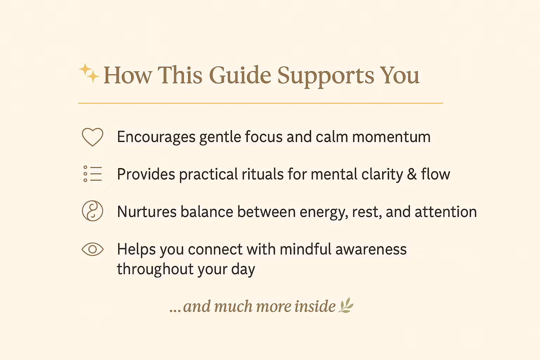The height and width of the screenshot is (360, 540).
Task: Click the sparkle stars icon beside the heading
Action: coord(89,73)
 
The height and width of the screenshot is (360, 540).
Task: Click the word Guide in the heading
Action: coord(240,75)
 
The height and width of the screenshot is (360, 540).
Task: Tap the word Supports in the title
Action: coord(326,77)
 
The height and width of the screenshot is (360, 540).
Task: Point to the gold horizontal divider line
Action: coord(261,103)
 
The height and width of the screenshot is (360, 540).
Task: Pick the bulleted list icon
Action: coord(92,174)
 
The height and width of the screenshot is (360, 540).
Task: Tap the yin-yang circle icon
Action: coord(92,211)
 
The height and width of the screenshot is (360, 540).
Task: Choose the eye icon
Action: coord(92,249)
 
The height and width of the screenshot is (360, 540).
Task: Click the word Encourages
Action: coord(156,137)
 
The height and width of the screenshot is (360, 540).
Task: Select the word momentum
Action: coord(391,137)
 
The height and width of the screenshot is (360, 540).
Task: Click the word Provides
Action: coord(146,174)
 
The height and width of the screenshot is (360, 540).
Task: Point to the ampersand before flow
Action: coord(412,174)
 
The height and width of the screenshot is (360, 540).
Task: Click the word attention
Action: coord(446,212)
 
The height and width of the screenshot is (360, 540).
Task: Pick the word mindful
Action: coord(306,249)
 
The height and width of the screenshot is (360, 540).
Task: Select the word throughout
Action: coord(155,269)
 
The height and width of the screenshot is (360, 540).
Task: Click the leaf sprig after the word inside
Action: coord(346,305)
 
